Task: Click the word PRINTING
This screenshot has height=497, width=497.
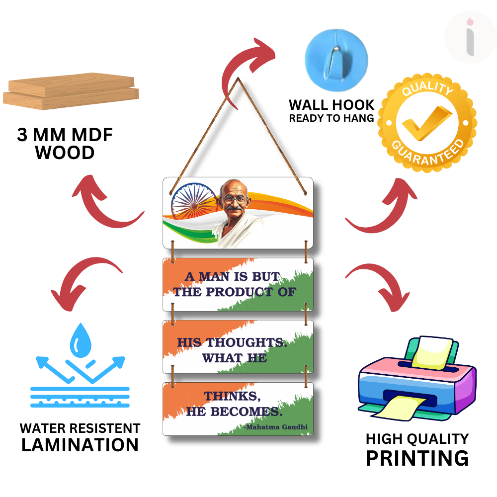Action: click(x=417, y=457)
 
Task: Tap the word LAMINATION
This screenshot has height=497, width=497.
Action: click(x=80, y=445)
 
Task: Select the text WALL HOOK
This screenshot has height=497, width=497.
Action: click(x=331, y=105)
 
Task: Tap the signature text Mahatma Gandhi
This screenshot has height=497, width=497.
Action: click(x=277, y=427)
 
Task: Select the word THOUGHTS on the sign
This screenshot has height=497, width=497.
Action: click(x=247, y=342)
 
